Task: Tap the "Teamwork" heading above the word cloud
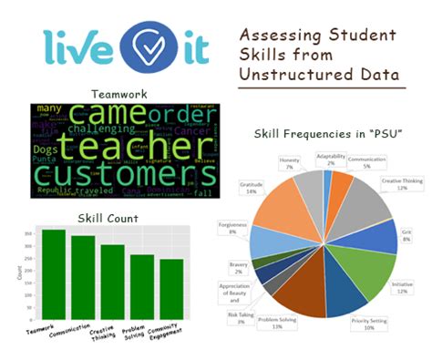click(x=119, y=93)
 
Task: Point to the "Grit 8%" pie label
click(x=406, y=233)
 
